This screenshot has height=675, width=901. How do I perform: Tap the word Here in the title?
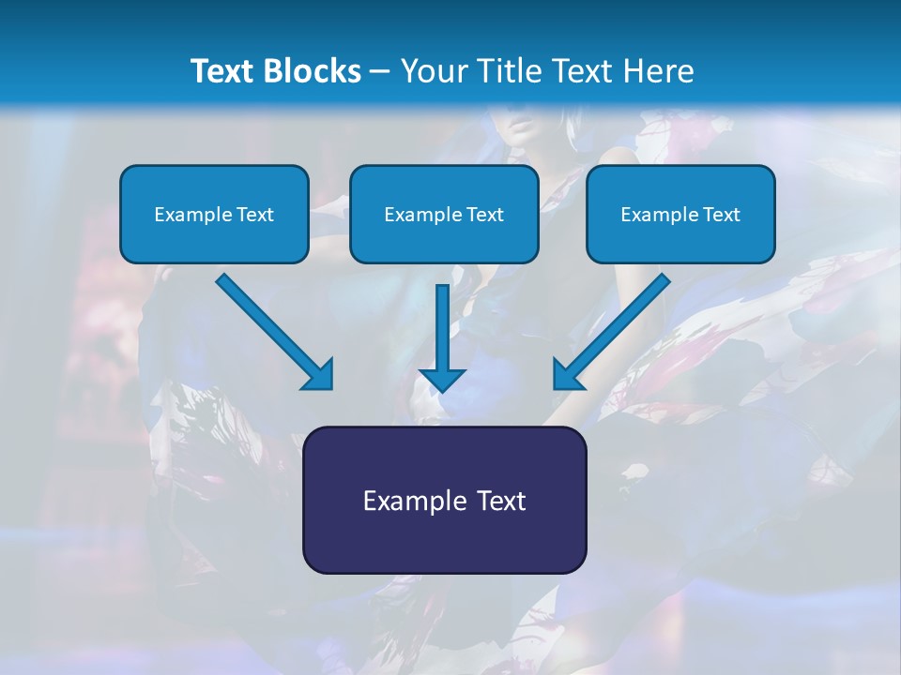point(657,71)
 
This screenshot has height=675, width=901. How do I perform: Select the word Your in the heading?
point(426,71)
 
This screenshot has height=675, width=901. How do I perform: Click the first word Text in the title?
point(226,71)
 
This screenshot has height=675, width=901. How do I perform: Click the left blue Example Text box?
point(214,214)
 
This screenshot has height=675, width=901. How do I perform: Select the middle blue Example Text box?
point(444,214)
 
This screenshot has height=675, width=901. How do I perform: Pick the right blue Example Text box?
point(680,214)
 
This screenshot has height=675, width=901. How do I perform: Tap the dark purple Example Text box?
point(444,500)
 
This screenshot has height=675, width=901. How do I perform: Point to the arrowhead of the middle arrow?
point(442,379)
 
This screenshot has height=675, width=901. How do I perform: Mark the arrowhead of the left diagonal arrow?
point(319,375)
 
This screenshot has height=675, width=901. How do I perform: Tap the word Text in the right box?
point(721,215)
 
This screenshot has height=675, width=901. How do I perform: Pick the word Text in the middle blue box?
point(484,215)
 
